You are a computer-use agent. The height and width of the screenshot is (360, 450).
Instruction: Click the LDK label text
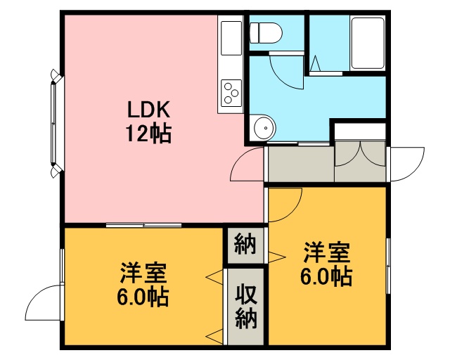click(148, 110)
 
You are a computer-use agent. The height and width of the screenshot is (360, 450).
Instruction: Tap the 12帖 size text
click(148, 134)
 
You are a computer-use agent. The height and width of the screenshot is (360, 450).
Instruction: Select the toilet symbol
click(266, 33)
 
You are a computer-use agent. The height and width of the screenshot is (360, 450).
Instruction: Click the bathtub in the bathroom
click(368, 44)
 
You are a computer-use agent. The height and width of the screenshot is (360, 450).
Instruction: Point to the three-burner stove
click(231, 93)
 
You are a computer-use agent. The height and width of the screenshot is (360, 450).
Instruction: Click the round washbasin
click(262, 128)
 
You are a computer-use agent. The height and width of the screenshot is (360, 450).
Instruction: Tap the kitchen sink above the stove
click(231, 38)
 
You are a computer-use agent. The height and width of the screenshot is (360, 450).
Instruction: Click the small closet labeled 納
click(245, 245)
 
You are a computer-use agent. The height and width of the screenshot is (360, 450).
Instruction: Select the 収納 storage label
click(246, 306)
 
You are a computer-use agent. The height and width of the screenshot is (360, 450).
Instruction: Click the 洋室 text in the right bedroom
click(327, 252)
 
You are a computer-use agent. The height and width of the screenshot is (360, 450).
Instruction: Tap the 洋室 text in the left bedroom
click(143, 272)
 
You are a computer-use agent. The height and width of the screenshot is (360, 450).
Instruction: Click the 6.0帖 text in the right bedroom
click(326, 277)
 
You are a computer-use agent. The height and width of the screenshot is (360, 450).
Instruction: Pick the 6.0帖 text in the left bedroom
click(142, 297)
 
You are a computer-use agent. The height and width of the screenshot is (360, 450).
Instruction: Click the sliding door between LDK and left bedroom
click(143, 225)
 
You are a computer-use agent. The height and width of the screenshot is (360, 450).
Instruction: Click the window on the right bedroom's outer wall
click(388, 266)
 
